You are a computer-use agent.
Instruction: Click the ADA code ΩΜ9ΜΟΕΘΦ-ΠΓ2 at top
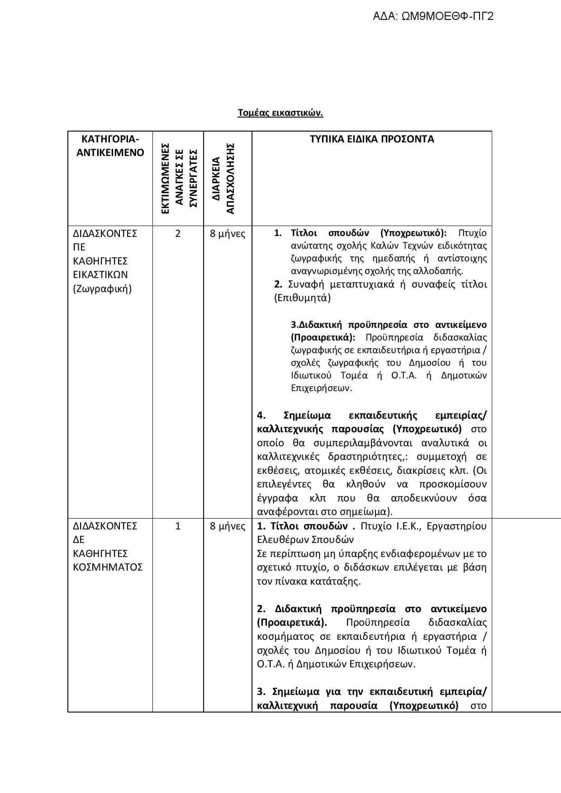433,17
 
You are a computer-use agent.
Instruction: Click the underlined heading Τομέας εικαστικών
280,113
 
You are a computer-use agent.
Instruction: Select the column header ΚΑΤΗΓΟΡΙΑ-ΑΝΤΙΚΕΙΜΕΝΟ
110,146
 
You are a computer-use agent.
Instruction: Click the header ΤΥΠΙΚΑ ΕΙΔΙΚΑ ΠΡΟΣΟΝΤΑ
371,139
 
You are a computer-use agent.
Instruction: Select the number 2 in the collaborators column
178,233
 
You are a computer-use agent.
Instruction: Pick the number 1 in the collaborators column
178,526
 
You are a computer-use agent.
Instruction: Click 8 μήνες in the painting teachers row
228,234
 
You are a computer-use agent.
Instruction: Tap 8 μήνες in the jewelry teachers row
228,526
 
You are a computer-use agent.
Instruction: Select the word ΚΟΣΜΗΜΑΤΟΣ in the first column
108,567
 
